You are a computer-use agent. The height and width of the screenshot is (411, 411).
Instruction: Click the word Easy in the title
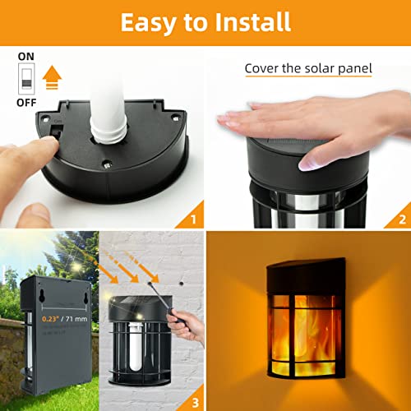[150, 22]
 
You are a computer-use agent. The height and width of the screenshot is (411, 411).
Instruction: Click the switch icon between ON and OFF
[27, 81]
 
